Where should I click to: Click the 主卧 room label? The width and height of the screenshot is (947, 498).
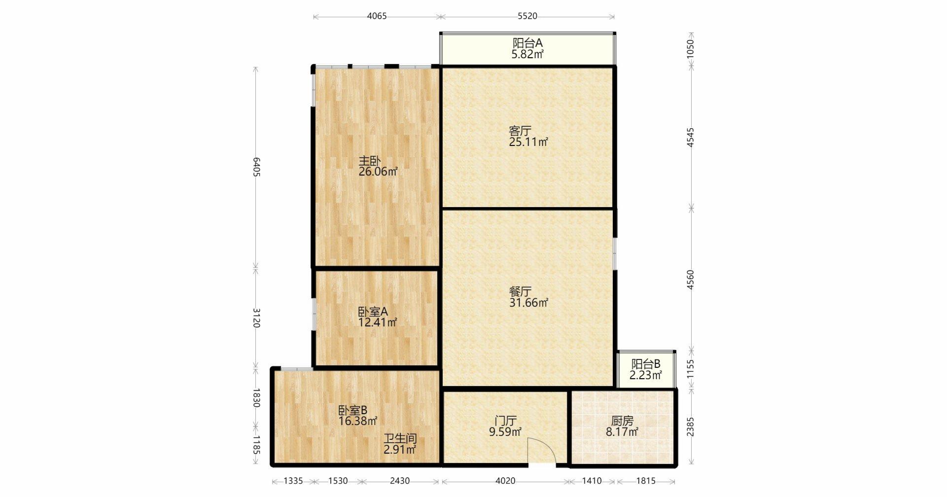pos(369,161)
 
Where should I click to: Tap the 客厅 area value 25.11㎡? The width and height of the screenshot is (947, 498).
pos(528,142)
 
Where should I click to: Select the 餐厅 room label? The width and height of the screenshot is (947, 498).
pos(520,291)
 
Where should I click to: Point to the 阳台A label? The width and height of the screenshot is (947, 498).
pos(527,43)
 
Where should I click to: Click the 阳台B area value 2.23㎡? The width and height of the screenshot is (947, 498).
pos(646,376)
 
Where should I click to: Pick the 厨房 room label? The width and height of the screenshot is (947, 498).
pos(622,421)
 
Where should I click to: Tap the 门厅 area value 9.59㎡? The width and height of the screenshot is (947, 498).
pos(505,432)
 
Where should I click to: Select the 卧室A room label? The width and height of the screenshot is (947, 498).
pos(373,312)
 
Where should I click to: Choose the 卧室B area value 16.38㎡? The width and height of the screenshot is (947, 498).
pos(358,421)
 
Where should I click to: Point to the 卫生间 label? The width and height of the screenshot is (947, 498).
pos(401,438)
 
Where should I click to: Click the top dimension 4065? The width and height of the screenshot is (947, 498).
pos(377,16)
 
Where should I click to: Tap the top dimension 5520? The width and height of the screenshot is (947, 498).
pos(527,16)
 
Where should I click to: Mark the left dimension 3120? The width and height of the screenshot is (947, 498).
pos(256,318)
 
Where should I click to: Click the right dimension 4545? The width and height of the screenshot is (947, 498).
pos(691,138)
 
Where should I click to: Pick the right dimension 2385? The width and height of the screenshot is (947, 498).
pos(691,427)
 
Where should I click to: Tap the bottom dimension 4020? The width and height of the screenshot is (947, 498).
pos(505,481)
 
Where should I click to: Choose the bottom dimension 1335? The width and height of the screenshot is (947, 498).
pos(293,481)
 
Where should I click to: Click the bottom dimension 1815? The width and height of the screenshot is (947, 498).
pos(646,481)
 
